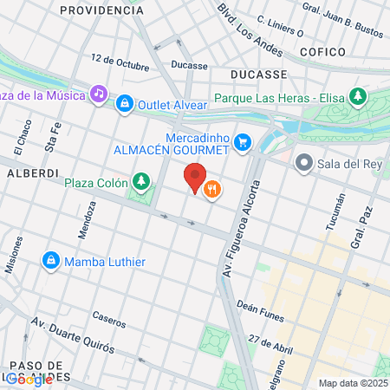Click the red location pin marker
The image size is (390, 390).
click(x=195, y=177)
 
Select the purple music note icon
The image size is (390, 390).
click(x=100, y=93)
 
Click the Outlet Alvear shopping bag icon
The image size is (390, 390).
click(x=126, y=103)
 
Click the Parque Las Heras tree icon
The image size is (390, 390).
click(x=355, y=96)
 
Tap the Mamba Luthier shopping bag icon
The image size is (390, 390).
click(x=51, y=260)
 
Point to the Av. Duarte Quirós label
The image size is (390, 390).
click(x=73, y=336)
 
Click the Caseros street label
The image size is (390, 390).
click(x=110, y=319)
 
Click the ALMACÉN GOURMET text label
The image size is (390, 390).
click(x=172, y=150)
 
